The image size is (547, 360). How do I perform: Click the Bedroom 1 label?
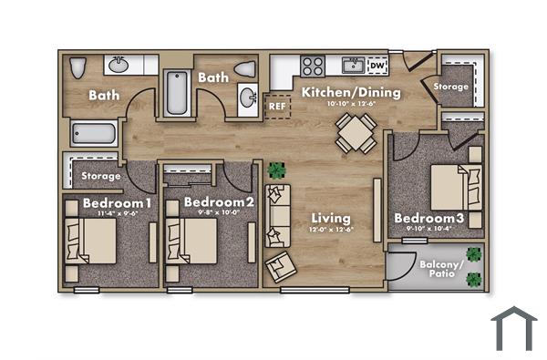(x=117, y=201)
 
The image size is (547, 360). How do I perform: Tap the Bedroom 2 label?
(x=219, y=201)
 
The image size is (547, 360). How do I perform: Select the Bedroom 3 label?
(x=428, y=219)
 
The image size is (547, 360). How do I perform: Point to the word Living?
(x=331, y=219)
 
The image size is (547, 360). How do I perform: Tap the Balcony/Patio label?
(x=441, y=269)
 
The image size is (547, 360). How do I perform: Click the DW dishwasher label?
(x=377, y=66)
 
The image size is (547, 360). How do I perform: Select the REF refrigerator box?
(x=277, y=105)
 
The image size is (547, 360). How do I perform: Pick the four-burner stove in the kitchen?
(x=314, y=65)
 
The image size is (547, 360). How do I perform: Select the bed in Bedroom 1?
(x=93, y=242)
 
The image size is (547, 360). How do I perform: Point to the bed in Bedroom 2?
(x=194, y=242)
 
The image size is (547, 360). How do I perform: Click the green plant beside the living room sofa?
(x=276, y=170)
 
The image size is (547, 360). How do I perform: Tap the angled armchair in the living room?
(x=281, y=266)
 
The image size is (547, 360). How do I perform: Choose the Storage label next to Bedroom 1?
(x=101, y=175)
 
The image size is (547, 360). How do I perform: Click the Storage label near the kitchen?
(x=451, y=87)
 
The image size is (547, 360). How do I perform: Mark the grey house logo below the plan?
(x=514, y=328)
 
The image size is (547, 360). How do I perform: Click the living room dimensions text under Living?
(x=331, y=230)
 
